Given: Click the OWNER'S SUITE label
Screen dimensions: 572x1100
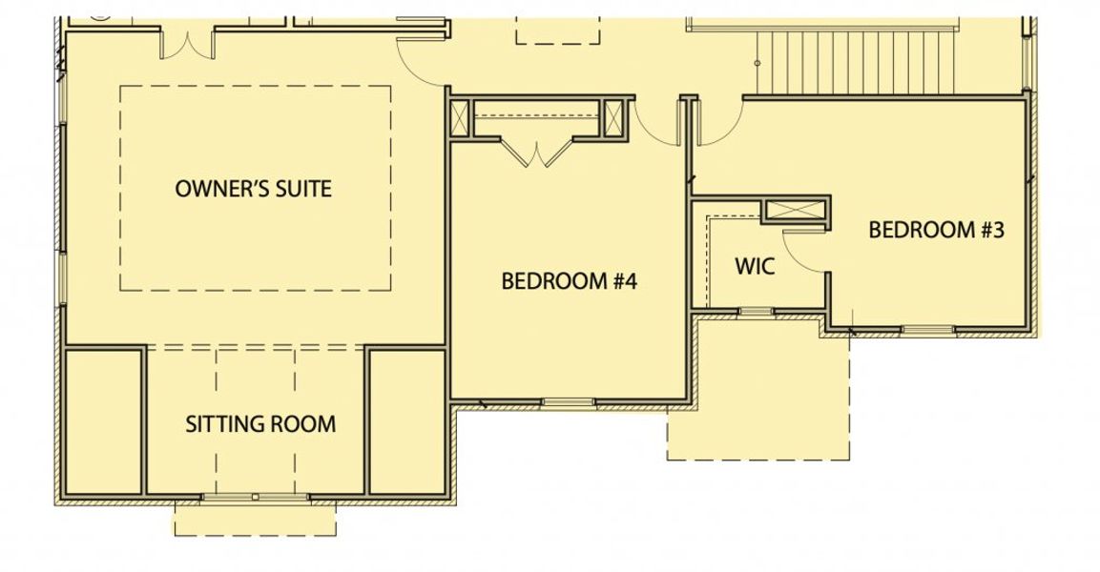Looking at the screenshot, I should [x=253, y=188].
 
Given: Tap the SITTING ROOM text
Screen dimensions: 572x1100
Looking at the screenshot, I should [x=260, y=423].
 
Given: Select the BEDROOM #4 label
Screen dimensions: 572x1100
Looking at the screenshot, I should [x=569, y=280].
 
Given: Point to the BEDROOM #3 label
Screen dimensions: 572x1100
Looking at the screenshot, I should [x=936, y=230].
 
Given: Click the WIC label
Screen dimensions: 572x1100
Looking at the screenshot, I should [x=755, y=266].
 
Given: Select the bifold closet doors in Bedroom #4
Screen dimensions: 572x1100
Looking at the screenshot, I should [x=537, y=153].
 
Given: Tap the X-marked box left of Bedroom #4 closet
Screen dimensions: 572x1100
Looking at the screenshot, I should [x=461, y=119].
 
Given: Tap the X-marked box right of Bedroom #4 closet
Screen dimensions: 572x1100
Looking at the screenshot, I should [x=613, y=119].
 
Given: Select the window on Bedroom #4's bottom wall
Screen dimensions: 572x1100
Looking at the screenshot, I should [x=569, y=402].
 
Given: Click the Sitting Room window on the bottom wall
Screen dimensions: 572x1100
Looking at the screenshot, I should [x=255, y=497].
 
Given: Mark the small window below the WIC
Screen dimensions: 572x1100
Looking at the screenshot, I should [x=756, y=312].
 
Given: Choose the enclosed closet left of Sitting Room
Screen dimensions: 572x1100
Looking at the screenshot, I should [x=103, y=420].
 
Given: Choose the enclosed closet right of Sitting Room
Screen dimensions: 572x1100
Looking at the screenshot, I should [x=406, y=420].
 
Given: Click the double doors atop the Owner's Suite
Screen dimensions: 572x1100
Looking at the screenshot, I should [x=188, y=43].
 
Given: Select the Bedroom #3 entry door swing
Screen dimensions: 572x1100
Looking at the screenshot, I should [x=719, y=124].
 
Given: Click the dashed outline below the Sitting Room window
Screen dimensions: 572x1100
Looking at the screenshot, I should [x=255, y=521].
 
